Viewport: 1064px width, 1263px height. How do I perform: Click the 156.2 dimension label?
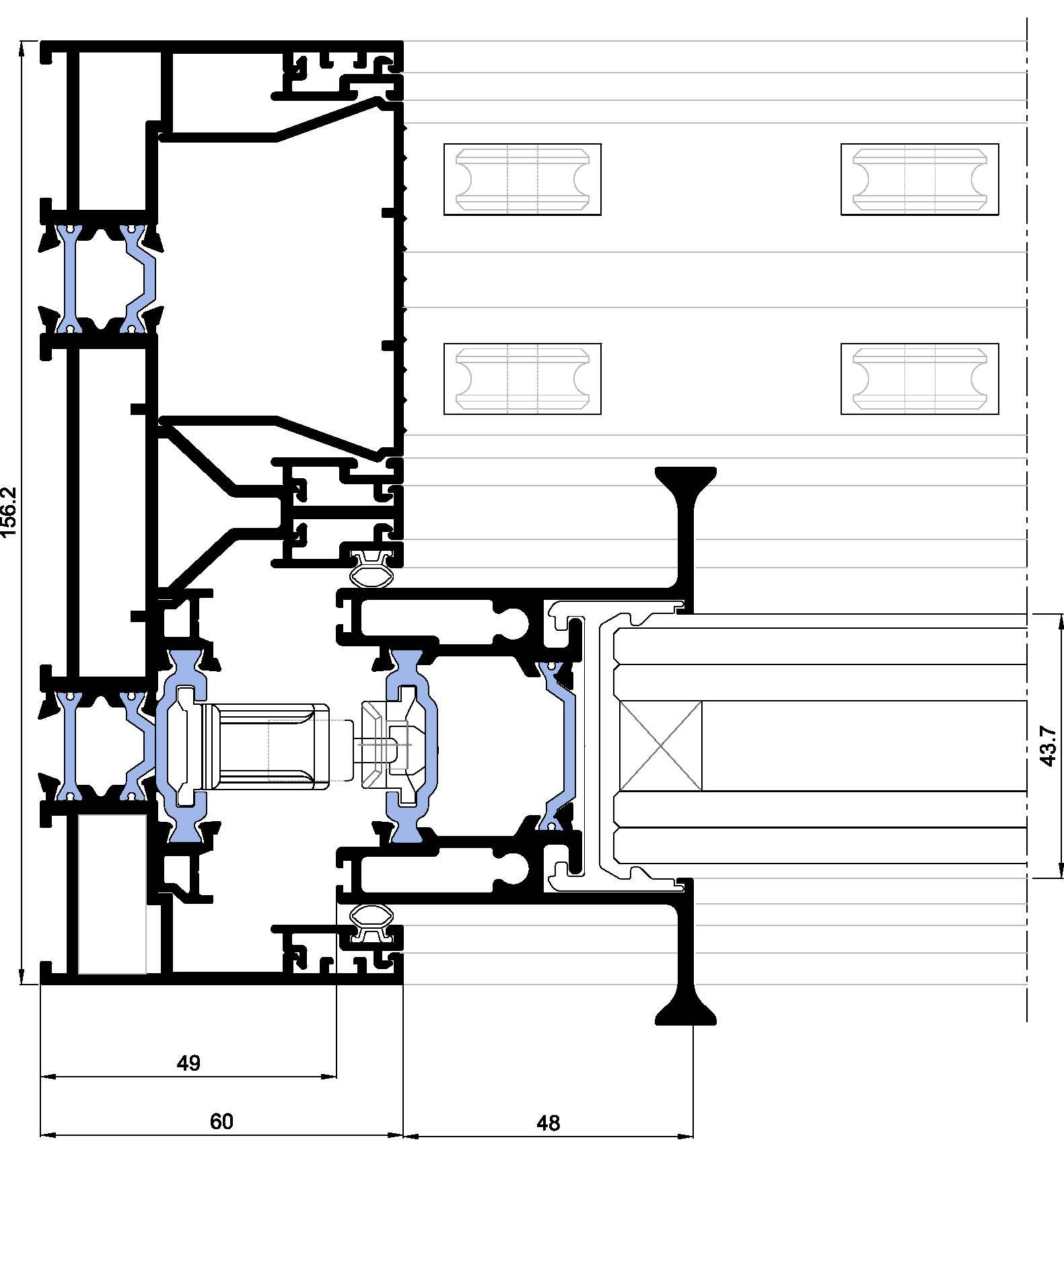(x=9, y=512)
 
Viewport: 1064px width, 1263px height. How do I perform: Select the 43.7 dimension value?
(x=1048, y=746)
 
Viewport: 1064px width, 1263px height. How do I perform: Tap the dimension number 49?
(x=188, y=1063)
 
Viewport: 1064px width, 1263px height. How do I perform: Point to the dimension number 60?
(x=221, y=1121)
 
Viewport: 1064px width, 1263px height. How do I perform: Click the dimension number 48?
(x=548, y=1122)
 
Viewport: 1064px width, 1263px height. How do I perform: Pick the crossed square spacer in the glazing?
(x=660, y=746)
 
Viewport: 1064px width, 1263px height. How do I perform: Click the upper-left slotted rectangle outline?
(x=522, y=179)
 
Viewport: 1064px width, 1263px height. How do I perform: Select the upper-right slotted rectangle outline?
(x=919, y=179)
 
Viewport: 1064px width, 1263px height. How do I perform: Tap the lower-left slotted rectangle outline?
(x=522, y=379)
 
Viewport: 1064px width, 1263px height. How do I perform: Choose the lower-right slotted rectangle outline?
(x=919, y=379)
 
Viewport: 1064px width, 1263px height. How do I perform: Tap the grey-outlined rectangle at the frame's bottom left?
(x=112, y=894)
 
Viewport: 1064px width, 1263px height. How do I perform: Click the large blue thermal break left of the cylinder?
(x=182, y=746)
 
